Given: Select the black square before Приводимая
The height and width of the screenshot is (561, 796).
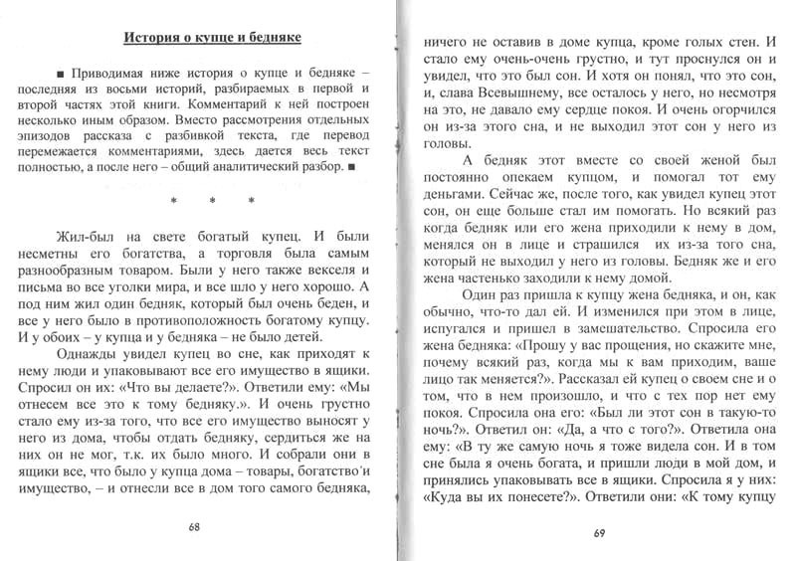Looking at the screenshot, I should [63, 75].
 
